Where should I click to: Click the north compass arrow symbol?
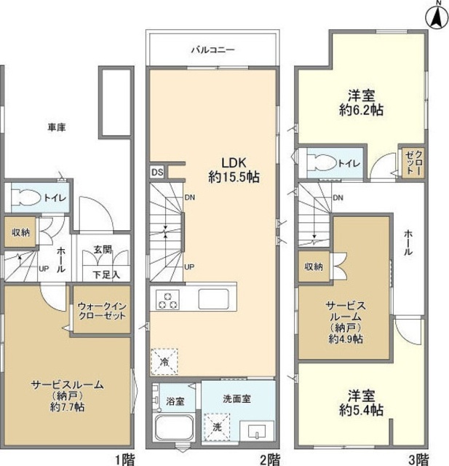click(x=437, y=16)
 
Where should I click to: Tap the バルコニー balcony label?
click(x=212, y=50)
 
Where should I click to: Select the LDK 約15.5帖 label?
click(x=233, y=169)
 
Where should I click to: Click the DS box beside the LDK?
click(x=157, y=172)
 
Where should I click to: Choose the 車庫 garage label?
click(x=57, y=128)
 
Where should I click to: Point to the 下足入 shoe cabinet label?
click(x=102, y=275)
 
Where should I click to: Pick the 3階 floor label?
click(x=417, y=458)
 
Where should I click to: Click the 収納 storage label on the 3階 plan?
click(x=314, y=266)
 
